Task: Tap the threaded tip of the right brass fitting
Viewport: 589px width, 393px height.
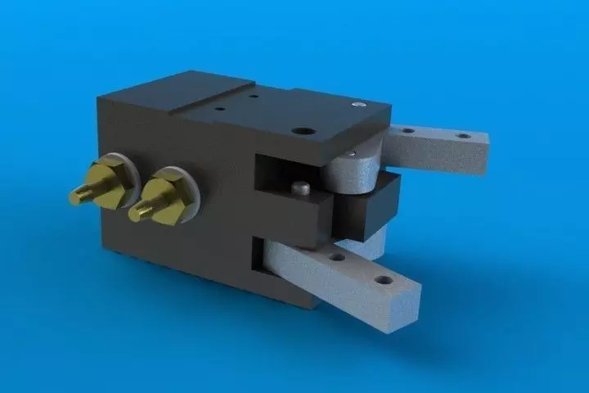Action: pyautogui.click(x=139, y=211)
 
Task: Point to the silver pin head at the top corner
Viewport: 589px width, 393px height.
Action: pyautogui.click(x=357, y=105)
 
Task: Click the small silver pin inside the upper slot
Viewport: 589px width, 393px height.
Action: pyautogui.click(x=302, y=187)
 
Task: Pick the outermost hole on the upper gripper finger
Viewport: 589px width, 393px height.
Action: pyautogui.click(x=463, y=136)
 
